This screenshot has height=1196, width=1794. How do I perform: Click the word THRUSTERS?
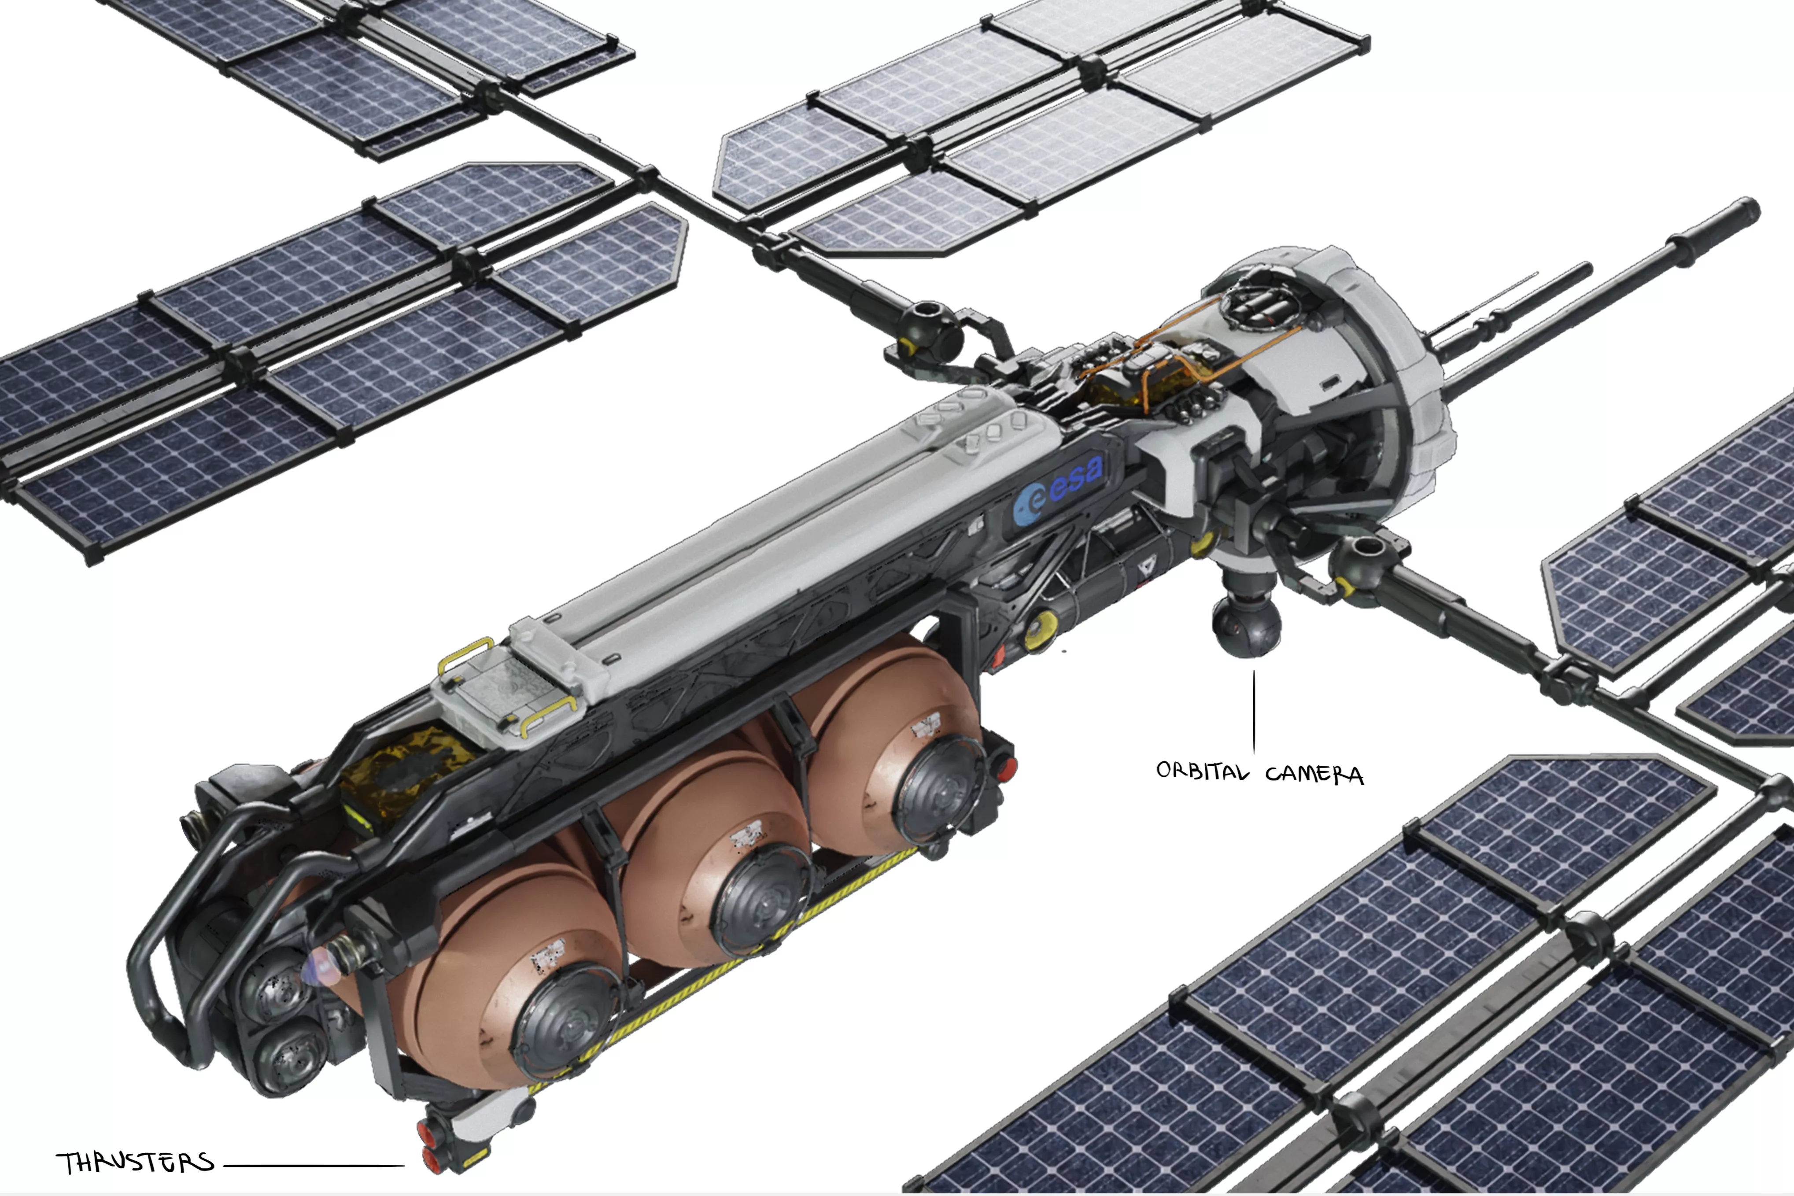(135, 1163)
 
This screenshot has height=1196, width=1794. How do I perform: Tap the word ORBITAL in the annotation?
(1202, 771)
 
